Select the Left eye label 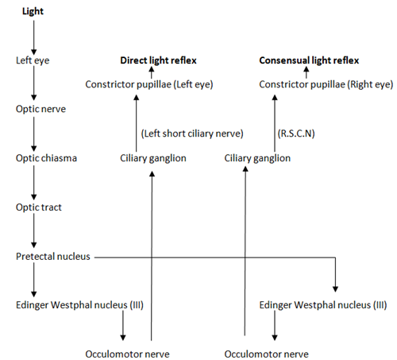tap(33, 60)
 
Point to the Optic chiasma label tap(46, 157)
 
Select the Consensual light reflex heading tap(310, 60)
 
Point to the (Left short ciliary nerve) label tap(190, 132)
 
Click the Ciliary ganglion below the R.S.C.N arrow tap(258, 158)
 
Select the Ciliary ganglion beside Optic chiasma tap(153, 158)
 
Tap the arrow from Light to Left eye tap(33, 35)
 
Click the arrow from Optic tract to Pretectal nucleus tap(33, 231)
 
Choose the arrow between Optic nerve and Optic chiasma tap(33, 133)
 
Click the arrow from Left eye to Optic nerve tap(33, 84)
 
